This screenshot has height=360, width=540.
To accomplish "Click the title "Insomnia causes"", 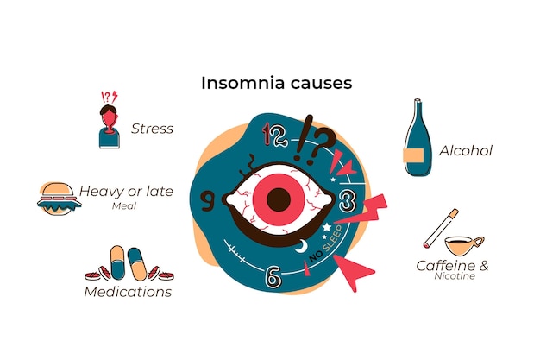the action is pos(277,83).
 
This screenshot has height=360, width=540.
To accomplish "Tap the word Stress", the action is pos(152,129).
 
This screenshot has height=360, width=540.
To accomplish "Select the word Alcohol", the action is pos(466,151).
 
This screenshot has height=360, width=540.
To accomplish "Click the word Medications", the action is pos(128,292).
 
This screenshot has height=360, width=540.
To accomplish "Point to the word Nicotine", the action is pos(455,276).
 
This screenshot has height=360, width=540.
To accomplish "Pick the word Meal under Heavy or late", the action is pos(124,205).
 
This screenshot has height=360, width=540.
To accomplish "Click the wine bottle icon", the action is pos(418,137).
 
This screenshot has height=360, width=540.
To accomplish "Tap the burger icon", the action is pos(60,199).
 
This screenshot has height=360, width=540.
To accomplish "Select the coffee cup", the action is pos(464,245).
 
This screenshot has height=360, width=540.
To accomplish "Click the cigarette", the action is pos(441,228).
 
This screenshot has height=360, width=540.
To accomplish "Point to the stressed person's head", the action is pos(109,117).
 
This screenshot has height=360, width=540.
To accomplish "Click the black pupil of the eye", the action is pos(279,199).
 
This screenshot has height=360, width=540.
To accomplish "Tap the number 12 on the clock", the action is pos(274,136).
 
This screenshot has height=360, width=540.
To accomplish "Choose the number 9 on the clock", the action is pos(208,202).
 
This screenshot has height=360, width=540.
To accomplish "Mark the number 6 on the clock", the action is pos(273,276).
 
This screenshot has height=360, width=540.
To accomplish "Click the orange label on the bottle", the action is pos(413,155).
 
